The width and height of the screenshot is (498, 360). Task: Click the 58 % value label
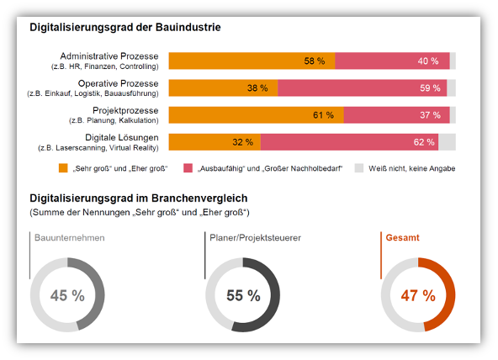pyautogui.click(x=315, y=61)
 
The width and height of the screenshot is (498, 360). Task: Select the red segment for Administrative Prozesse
pyautogui.click(x=392, y=61)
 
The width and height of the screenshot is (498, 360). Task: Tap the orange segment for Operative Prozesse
pyautogui.click(x=223, y=88)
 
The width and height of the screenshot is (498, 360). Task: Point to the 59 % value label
pyautogui.click(x=430, y=88)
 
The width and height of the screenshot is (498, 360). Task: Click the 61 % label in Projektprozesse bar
pyautogui.click(x=323, y=115)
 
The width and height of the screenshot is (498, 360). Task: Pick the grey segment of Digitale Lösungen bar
pyautogui.click(x=448, y=142)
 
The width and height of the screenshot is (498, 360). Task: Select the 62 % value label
pyautogui.click(x=424, y=142)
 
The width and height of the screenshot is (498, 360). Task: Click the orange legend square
pyautogui.click(x=63, y=168)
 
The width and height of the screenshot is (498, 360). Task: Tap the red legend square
pyautogui.click(x=188, y=168)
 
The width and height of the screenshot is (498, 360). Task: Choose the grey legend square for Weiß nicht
pyautogui.click(x=359, y=168)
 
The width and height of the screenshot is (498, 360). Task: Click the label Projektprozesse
pyautogui.click(x=125, y=110)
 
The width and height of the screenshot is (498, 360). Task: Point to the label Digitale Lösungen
pyautogui.click(x=122, y=137)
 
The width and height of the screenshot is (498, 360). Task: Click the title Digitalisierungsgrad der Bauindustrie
pyautogui.click(x=125, y=27)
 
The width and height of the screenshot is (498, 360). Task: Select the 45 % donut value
pyautogui.click(x=67, y=295)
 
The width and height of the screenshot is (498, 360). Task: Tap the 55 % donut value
pyautogui.click(x=243, y=295)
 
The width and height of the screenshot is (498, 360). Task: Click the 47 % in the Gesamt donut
pyautogui.click(x=418, y=295)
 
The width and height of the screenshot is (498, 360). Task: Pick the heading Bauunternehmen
pyautogui.click(x=70, y=238)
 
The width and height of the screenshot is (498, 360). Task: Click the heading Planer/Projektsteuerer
pyautogui.click(x=256, y=238)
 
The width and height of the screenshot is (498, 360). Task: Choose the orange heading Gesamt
pyautogui.click(x=402, y=237)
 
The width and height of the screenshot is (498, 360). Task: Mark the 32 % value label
pyautogui.click(x=242, y=142)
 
